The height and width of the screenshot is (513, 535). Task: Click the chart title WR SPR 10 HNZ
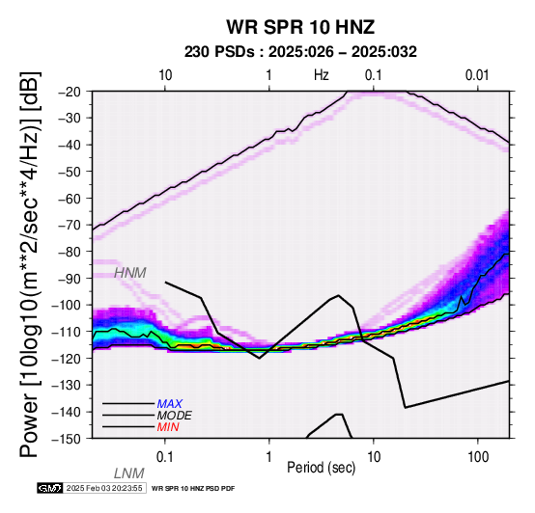pyautogui.click(x=300, y=27)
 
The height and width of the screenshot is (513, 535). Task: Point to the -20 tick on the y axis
pyautogui.click(x=73, y=92)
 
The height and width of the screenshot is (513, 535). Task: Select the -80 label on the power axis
pyautogui.click(x=73, y=252)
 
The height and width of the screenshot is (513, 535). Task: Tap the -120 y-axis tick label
pyautogui.click(x=70, y=359)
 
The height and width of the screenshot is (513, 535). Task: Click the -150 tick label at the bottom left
pyautogui.click(x=70, y=439)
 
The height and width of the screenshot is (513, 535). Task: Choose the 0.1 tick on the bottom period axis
pyautogui.click(x=165, y=457)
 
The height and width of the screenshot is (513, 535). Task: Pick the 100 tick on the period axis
pyautogui.click(x=478, y=457)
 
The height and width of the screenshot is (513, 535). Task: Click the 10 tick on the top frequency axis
pyautogui.click(x=165, y=75)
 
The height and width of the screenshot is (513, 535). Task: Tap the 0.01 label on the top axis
pyautogui.click(x=477, y=75)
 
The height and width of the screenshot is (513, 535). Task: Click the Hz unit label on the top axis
pyautogui.click(x=321, y=75)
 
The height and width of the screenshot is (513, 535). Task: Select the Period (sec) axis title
pyautogui.click(x=321, y=468)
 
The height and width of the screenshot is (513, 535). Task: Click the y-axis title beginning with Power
pyautogui.click(x=30, y=264)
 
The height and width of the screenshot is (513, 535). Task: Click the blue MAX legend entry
pyautogui.click(x=170, y=404)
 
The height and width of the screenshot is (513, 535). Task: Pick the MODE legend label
pyautogui.click(x=175, y=416)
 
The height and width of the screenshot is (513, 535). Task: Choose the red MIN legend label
pyautogui.click(x=168, y=427)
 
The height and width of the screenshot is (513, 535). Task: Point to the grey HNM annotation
pyautogui.click(x=130, y=273)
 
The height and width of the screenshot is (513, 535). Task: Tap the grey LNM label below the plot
pyautogui.click(x=129, y=473)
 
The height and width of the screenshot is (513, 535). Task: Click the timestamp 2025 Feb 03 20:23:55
pyautogui.click(x=104, y=488)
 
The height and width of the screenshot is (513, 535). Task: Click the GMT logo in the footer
pyautogui.click(x=50, y=488)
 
